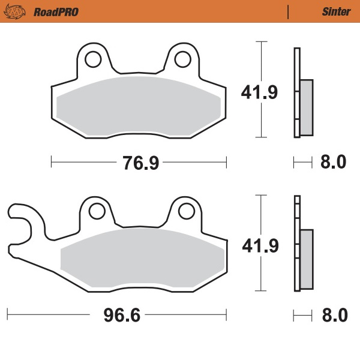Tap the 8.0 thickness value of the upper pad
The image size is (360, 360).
coord(334,161)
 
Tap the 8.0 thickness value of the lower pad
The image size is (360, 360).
coord(334,314)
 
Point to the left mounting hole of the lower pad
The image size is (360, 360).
coord(95,210)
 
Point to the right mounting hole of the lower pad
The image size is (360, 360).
coord(187,210)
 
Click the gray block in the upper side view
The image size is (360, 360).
coord(306,107)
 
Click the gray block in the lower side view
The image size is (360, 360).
coord(306,259)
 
